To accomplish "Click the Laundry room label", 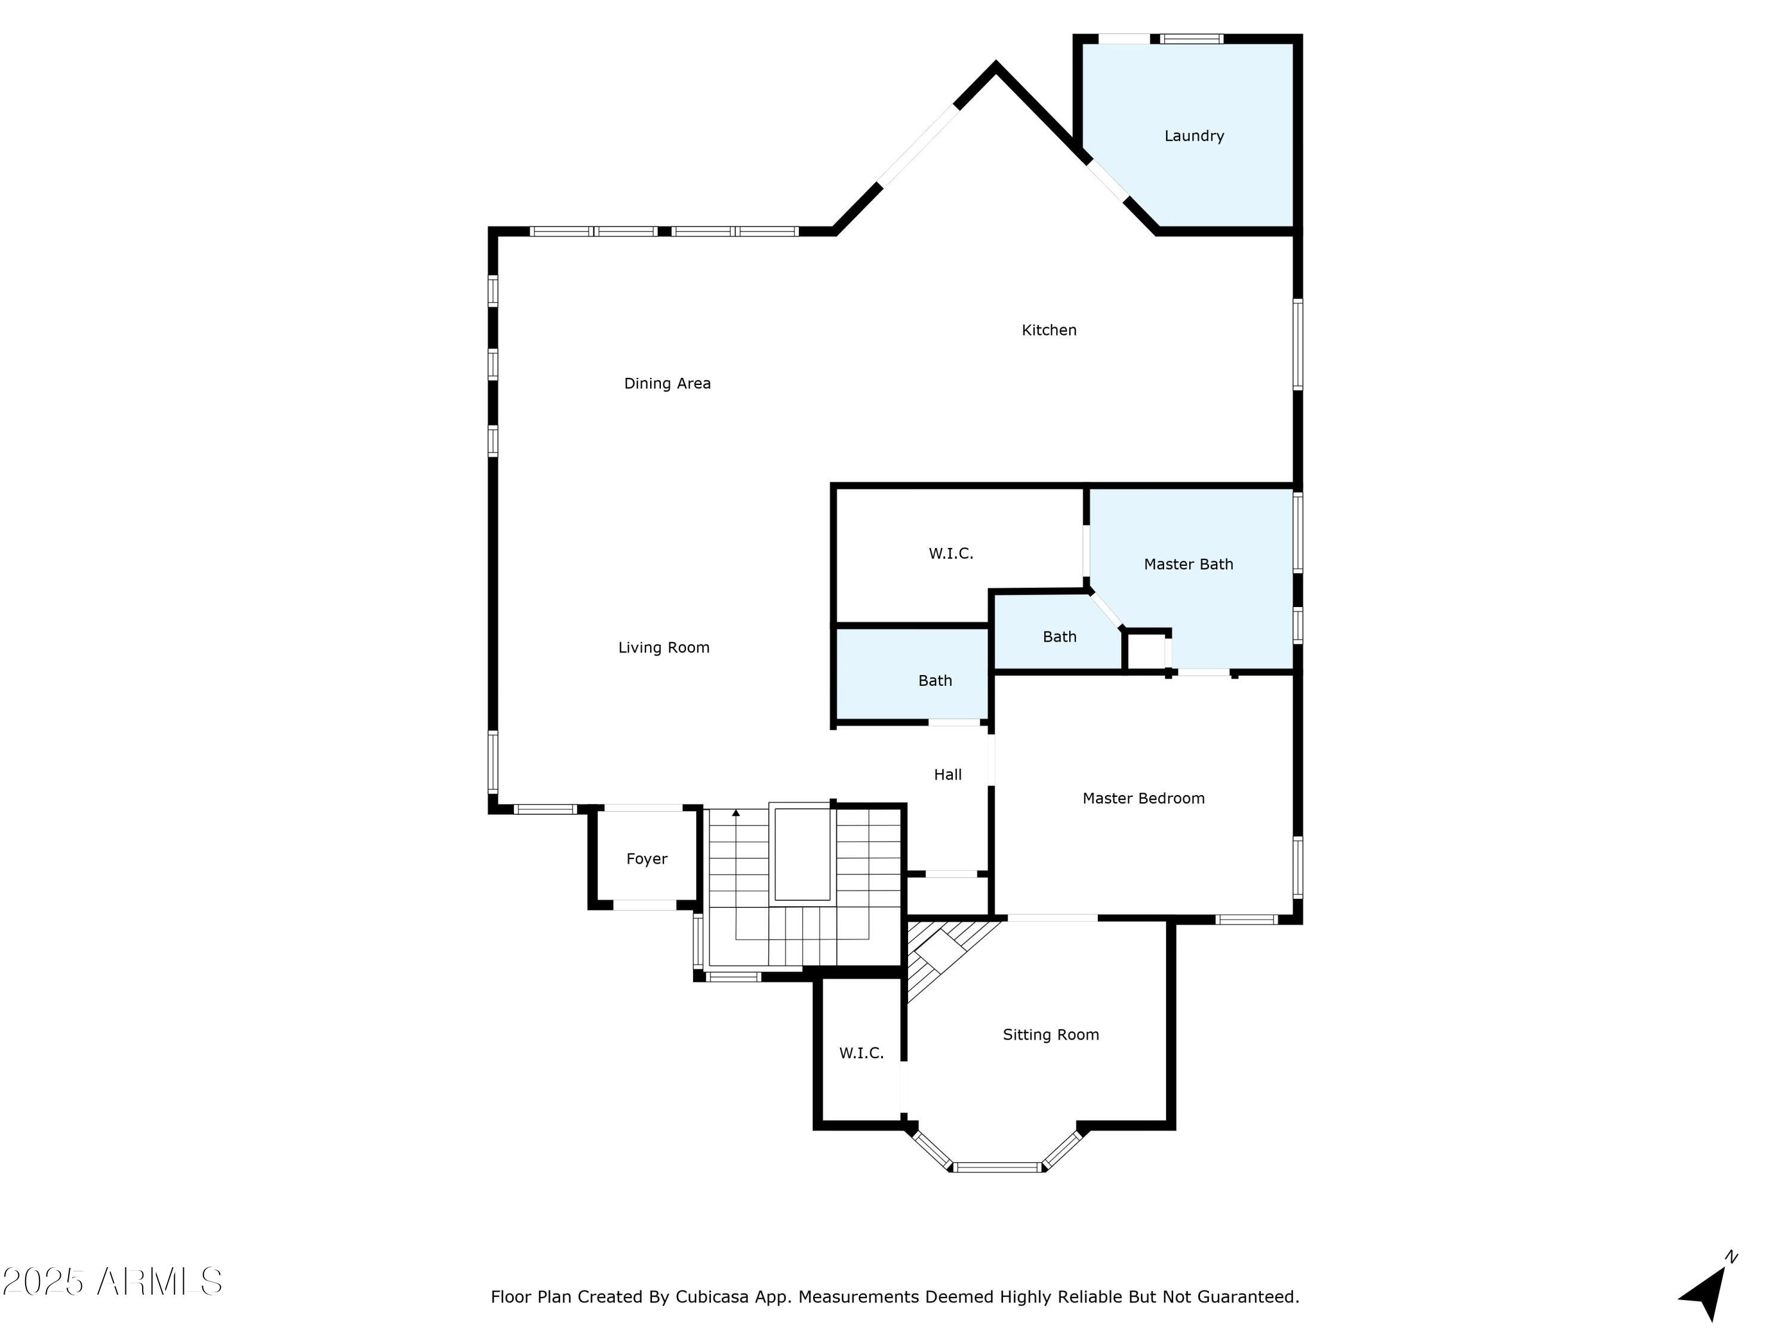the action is (1193, 136).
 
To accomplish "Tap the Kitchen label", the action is (1048, 330).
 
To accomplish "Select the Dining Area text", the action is (667, 384).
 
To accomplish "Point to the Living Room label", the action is (664, 648).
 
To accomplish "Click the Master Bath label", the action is (1189, 564).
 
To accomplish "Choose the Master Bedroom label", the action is (1143, 798).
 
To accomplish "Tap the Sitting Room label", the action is (1051, 1034).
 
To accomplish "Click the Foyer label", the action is (646, 859).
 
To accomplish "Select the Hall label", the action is (947, 775).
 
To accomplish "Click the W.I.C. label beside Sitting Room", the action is (861, 1053).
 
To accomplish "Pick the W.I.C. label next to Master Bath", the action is (950, 554).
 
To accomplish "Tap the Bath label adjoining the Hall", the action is (934, 681).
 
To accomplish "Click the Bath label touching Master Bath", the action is (1059, 637).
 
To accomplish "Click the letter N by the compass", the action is (1731, 1257).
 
